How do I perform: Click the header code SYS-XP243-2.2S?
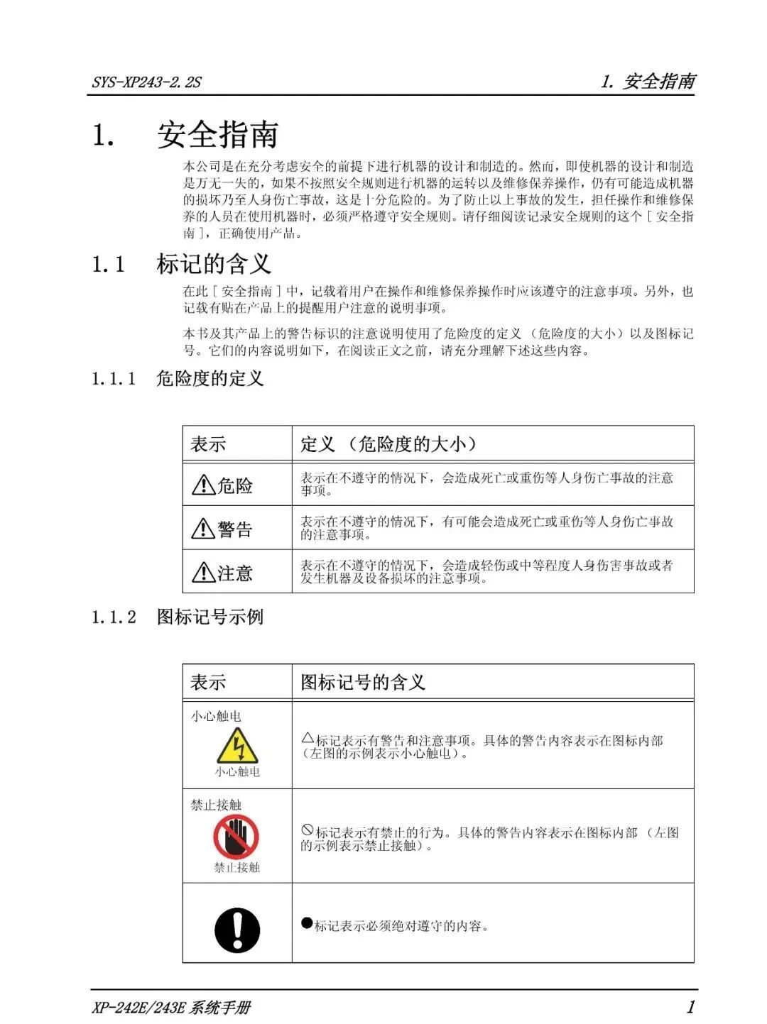coord(146,82)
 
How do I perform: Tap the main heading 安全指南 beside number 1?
coord(217,135)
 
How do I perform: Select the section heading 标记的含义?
coord(214,264)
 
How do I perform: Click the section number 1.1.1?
coord(114,378)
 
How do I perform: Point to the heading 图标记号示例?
coord(210,617)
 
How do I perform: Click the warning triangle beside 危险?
coord(203,485)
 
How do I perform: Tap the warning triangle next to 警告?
coord(203,529)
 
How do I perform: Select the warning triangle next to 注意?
coord(203,572)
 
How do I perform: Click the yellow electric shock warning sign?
coord(237,746)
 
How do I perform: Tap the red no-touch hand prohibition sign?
coord(236,837)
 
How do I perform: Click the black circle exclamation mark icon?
coord(237,930)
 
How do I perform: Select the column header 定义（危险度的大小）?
coord(388,444)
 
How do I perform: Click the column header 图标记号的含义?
coord(363,683)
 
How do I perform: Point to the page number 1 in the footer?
coord(690,1006)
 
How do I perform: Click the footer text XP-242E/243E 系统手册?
coord(171,1008)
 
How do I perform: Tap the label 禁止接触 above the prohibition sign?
coord(216,805)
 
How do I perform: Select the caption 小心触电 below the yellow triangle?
coord(237,772)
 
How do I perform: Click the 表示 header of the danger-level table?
coord(208,444)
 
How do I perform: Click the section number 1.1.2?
coord(114,617)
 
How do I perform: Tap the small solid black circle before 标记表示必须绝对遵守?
coord(307,923)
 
